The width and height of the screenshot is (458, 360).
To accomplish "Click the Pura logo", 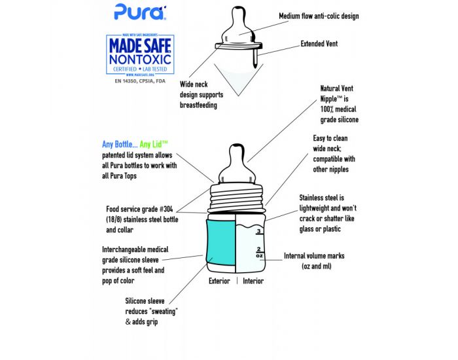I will [x=131, y=10].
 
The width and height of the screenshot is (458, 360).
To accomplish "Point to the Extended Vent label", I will [x=319, y=45].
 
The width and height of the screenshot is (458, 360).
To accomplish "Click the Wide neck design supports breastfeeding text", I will [x=199, y=94].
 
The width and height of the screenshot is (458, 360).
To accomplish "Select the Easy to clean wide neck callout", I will [x=334, y=154].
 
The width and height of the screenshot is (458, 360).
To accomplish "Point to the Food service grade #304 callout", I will [x=137, y=219].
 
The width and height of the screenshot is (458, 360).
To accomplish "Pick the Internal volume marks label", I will [x=314, y=261].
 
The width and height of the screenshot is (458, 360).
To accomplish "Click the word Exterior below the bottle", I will [x=219, y=281].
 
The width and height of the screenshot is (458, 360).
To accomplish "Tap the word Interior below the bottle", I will [x=253, y=281].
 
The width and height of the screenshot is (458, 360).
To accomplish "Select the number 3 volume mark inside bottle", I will [x=258, y=231].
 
